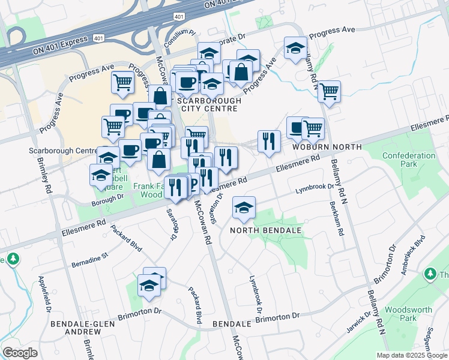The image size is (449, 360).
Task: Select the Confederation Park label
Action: click(409, 160)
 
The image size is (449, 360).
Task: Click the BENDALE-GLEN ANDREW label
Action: click(74, 328)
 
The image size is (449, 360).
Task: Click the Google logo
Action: click(20, 353)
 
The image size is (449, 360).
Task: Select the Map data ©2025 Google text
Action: click(411, 355)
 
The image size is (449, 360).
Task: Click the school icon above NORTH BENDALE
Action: click(244, 208)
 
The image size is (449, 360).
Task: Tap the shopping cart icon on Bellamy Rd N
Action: click(329, 92)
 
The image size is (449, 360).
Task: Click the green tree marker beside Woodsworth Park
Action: click(430, 274)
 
